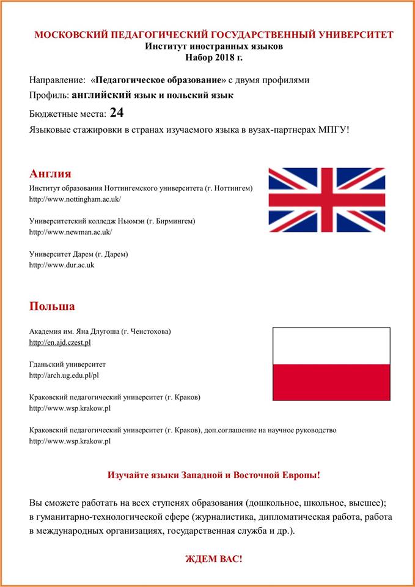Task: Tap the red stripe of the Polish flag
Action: [x=331, y=382]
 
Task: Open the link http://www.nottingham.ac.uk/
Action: [x=75, y=199]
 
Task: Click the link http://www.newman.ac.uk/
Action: [x=71, y=232]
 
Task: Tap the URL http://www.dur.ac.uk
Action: [x=62, y=265]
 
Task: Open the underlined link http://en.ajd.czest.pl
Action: [x=60, y=342]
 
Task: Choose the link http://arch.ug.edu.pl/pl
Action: [x=64, y=375]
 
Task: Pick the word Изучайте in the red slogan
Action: [x=128, y=475]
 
